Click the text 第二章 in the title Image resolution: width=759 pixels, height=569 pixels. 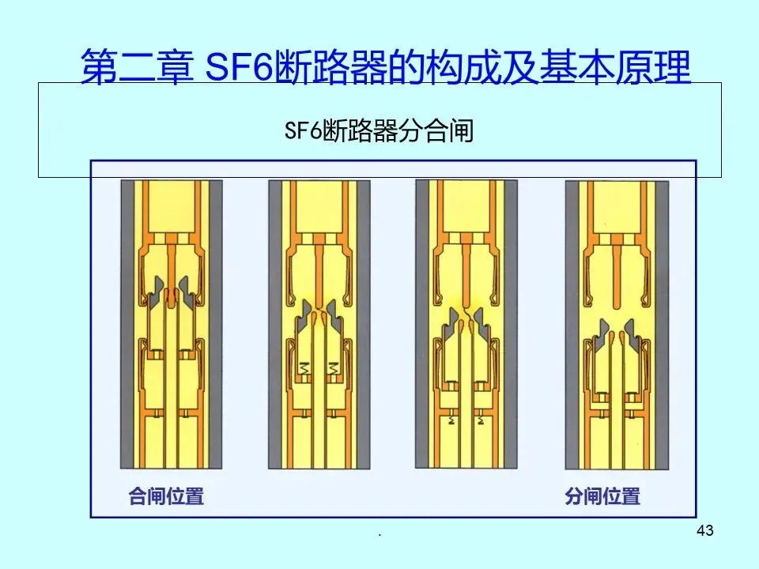tap(136, 67)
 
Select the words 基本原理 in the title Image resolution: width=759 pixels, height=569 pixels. tap(614, 67)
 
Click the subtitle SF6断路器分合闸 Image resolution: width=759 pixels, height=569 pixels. tap(379, 130)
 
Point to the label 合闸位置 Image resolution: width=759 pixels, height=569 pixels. tap(166, 497)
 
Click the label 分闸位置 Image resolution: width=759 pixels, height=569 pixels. tap(602, 497)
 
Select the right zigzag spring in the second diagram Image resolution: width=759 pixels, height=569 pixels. tap(333, 367)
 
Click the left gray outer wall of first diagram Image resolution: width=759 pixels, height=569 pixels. tap(126, 324)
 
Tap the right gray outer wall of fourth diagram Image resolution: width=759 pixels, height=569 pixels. tap(662, 324)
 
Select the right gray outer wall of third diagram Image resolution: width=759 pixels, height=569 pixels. tap(512, 324)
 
